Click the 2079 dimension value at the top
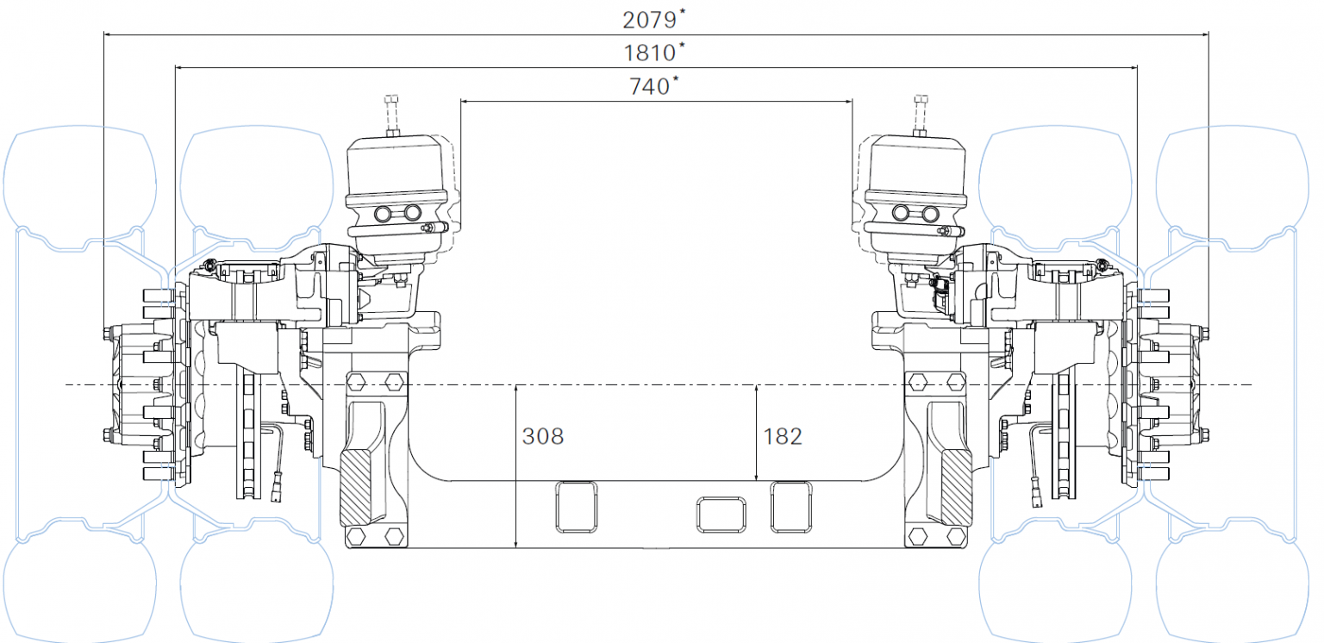pyautogui.click(x=651, y=18)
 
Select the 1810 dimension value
pyautogui.click(x=650, y=53)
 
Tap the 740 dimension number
pyautogui.click(x=651, y=86)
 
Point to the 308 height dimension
pyautogui.click(x=543, y=436)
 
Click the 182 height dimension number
pyautogui.click(x=782, y=436)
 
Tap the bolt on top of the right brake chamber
pyautogui.click(x=920, y=111)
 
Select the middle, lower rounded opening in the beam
pyautogui.click(x=720, y=514)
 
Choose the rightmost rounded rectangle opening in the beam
pyautogui.click(x=791, y=506)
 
